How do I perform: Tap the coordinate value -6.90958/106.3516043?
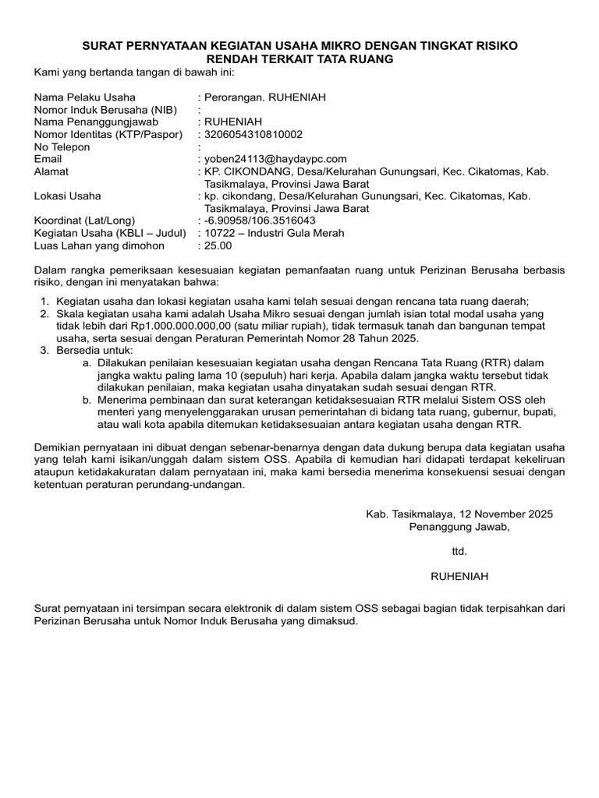click(x=260, y=221)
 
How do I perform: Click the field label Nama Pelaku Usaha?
click(x=84, y=97)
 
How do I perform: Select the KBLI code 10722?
click(x=219, y=233)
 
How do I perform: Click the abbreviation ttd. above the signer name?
click(x=459, y=551)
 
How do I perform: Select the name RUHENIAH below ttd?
click(x=459, y=576)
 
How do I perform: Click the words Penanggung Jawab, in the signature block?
click(x=459, y=527)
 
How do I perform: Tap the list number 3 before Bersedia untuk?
click(x=44, y=351)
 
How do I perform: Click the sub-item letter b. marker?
click(x=86, y=400)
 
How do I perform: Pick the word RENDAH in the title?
click(x=242, y=59)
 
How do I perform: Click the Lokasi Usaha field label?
click(x=67, y=196)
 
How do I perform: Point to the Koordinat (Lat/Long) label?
click(x=84, y=221)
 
